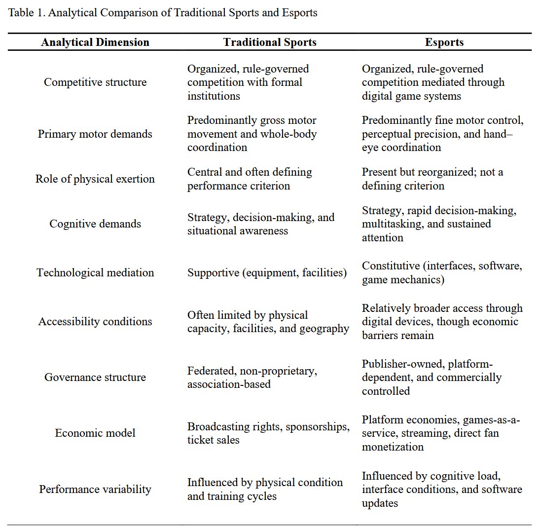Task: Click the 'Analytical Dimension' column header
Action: point(95,42)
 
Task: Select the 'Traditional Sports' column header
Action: point(269,42)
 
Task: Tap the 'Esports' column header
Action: point(444,42)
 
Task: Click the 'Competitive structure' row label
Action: point(95,82)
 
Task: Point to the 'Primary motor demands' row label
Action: point(95,134)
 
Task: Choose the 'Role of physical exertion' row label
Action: point(95,179)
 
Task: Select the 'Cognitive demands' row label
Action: point(95,224)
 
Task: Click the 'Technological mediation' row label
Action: point(95,272)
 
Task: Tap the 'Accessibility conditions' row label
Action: point(95,321)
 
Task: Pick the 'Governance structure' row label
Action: point(95,377)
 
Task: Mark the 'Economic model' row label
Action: point(95,433)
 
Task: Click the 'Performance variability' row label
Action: point(95,489)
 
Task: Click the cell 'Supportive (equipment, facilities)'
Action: point(267,272)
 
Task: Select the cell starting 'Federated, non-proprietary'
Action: point(252,377)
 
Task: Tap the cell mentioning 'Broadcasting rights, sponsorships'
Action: point(268,433)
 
